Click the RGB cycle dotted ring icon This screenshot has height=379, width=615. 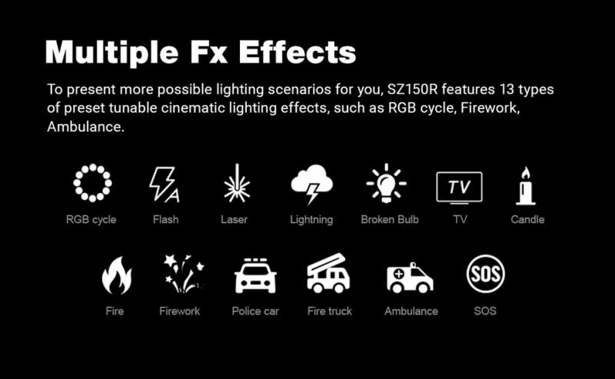(x=92, y=167)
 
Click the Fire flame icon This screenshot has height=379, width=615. (x=117, y=277)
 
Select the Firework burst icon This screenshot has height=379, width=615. (x=184, y=274)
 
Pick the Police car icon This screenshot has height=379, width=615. (x=255, y=276)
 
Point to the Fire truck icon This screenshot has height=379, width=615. (x=328, y=274)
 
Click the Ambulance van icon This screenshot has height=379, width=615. (x=410, y=278)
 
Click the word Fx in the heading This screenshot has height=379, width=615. (x=208, y=52)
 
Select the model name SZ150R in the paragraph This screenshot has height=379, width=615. (x=412, y=89)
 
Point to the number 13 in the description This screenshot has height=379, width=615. (x=507, y=89)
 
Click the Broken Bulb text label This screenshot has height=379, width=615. (x=390, y=219)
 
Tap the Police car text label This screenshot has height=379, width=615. (x=255, y=311)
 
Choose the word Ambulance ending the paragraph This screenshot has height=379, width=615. (x=85, y=127)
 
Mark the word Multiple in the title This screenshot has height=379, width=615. (x=111, y=53)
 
